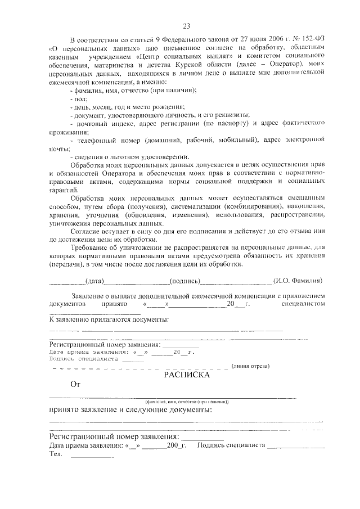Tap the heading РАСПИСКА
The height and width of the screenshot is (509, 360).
[x=187, y=375]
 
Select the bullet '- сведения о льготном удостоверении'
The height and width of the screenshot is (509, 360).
[x=129, y=156]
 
